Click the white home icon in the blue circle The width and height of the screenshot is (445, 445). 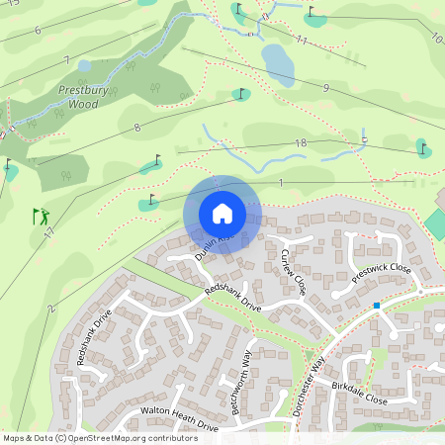click(x=222, y=213)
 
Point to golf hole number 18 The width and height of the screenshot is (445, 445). click(x=301, y=144)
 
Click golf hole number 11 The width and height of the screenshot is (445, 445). click(x=302, y=41)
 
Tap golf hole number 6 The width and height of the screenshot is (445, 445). click(x=37, y=31)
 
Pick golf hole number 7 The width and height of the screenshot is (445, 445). click(x=67, y=60)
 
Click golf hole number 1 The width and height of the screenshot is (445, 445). click(x=281, y=183)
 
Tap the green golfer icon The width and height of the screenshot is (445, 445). click(x=41, y=215)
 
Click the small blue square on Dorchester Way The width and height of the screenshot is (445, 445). click(x=377, y=306)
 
